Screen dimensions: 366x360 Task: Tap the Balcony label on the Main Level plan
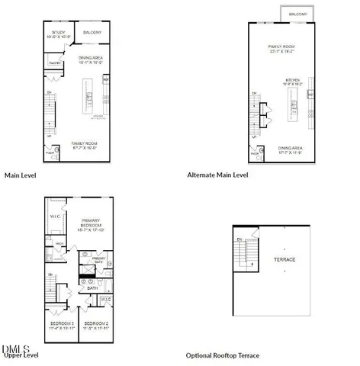(x=91, y=33)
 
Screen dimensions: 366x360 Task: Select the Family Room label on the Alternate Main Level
(x=281, y=48)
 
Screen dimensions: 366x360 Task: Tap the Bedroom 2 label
(x=95, y=324)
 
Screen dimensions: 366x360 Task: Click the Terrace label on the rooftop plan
(x=285, y=260)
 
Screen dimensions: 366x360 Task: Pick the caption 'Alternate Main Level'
(x=218, y=175)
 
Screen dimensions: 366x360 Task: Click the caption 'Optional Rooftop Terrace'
(x=223, y=355)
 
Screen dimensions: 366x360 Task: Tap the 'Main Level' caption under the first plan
(x=21, y=175)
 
